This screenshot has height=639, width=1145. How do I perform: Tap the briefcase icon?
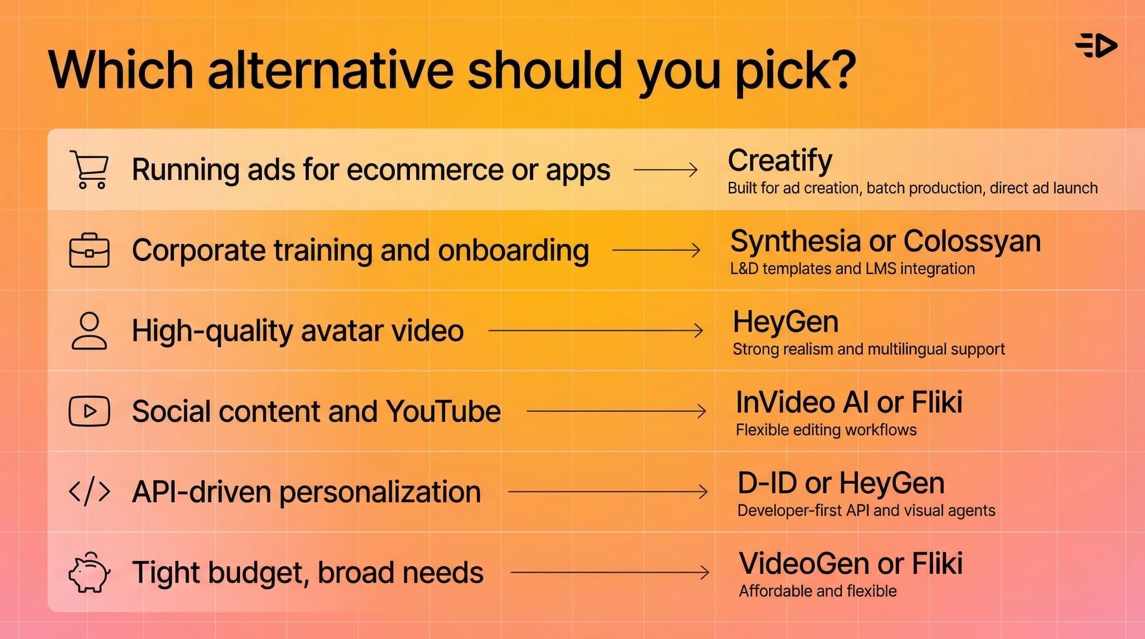[x=89, y=250]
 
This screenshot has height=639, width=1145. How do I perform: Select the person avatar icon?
[x=89, y=331]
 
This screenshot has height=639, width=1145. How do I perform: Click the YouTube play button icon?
[x=89, y=411]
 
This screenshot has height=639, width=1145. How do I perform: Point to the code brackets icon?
[x=89, y=491]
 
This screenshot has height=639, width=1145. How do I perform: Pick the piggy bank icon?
[x=89, y=572]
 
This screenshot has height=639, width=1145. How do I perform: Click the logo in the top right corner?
[x=1096, y=45]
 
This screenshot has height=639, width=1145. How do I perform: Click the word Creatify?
[x=780, y=161]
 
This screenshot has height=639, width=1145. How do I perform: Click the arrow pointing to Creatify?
[x=665, y=170]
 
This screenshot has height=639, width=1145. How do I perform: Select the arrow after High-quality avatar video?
[x=596, y=331]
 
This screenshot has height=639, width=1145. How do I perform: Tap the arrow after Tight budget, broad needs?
[x=610, y=572]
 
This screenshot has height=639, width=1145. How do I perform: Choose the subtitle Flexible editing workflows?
[x=826, y=430]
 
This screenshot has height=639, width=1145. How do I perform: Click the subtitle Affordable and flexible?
[x=818, y=591]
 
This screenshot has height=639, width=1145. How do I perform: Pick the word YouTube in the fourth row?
[x=443, y=411]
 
